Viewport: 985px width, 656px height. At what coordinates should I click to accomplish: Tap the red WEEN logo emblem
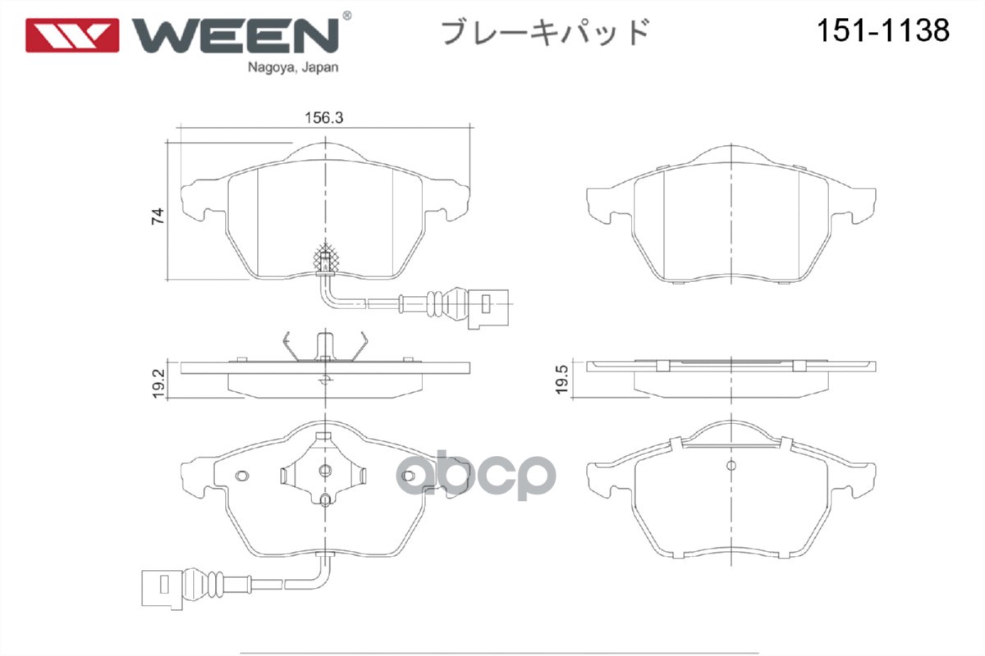tap(72, 34)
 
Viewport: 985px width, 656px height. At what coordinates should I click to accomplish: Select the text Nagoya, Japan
tap(292, 68)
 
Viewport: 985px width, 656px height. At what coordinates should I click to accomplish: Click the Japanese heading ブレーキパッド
tap(546, 32)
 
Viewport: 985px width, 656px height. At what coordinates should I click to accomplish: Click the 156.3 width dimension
tap(323, 118)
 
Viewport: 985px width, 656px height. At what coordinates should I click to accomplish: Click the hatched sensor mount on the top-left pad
tap(327, 258)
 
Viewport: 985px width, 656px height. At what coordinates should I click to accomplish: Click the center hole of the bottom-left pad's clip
tap(325, 470)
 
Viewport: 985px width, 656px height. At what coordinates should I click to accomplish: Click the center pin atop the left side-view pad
tap(325, 344)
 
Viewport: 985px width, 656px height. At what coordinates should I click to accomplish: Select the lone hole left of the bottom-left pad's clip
tap(242, 476)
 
